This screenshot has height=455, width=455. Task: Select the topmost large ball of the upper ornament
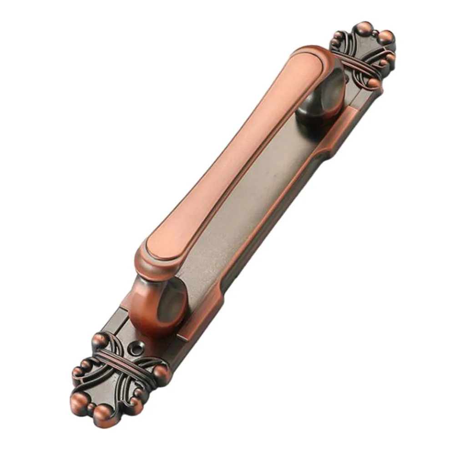364,28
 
